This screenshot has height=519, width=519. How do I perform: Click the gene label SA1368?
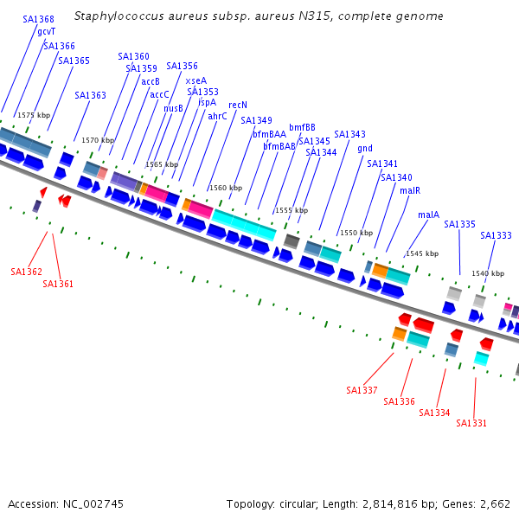(x=38, y=19)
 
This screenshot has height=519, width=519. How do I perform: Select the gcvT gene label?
(x=47, y=31)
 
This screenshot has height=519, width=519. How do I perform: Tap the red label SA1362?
(x=26, y=272)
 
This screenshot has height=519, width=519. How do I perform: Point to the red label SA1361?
(x=58, y=284)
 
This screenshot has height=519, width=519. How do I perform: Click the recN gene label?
(x=238, y=105)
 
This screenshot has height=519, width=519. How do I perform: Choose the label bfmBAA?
(x=269, y=134)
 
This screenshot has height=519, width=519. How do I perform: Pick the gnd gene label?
(x=365, y=148)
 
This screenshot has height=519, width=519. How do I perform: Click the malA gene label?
(x=428, y=215)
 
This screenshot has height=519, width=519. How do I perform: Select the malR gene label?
(x=410, y=190)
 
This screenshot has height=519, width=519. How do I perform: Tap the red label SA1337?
(x=362, y=390)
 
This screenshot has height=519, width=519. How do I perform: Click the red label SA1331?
(x=471, y=423)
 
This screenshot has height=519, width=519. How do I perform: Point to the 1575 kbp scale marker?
(x=34, y=115)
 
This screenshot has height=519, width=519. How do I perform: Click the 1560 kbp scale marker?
(x=224, y=188)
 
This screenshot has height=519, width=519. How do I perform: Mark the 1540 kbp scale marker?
(x=488, y=273)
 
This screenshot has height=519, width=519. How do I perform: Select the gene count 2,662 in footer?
(x=494, y=503)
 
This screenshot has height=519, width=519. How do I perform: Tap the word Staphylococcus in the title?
(x=116, y=16)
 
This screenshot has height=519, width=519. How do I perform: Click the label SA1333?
(x=497, y=235)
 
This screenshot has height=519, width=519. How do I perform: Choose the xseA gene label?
(x=196, y=80)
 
